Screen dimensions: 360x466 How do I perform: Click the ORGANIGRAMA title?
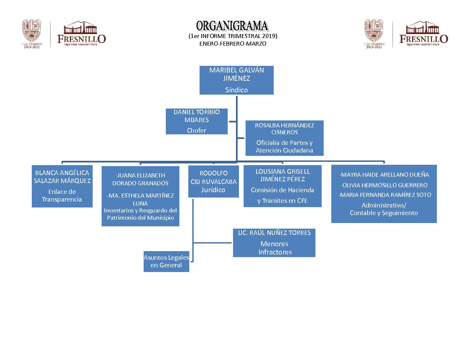click(x=232, y=26)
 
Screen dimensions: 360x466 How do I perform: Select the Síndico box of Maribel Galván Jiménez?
click(x=236, y=80)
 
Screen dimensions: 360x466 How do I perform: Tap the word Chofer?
click(x=196, y=130)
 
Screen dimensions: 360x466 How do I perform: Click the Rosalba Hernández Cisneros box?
click(x=284, y=138)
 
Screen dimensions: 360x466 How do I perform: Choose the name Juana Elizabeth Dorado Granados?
click(x=140, y=179)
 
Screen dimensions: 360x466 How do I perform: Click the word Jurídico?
click(x=213, y=190)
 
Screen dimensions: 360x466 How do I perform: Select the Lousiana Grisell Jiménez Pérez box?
click(x=282, y=186)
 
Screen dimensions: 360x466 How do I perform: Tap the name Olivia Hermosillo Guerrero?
click(x=384, y=185)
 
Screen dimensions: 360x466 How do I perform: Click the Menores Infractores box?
click(x=274, y=243)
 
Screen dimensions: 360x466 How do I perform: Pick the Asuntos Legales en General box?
click(x=166, y=261)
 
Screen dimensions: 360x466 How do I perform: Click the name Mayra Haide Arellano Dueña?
click(x=384, y=175)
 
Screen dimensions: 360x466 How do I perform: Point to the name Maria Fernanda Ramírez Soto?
click(x=385, y=195)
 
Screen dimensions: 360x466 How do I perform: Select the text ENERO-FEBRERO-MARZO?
click(x=233, y=44)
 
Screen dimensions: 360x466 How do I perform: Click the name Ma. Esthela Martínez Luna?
click(x=140, y=199)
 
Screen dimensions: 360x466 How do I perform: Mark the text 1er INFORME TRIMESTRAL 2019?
click(x=233, y=36)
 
